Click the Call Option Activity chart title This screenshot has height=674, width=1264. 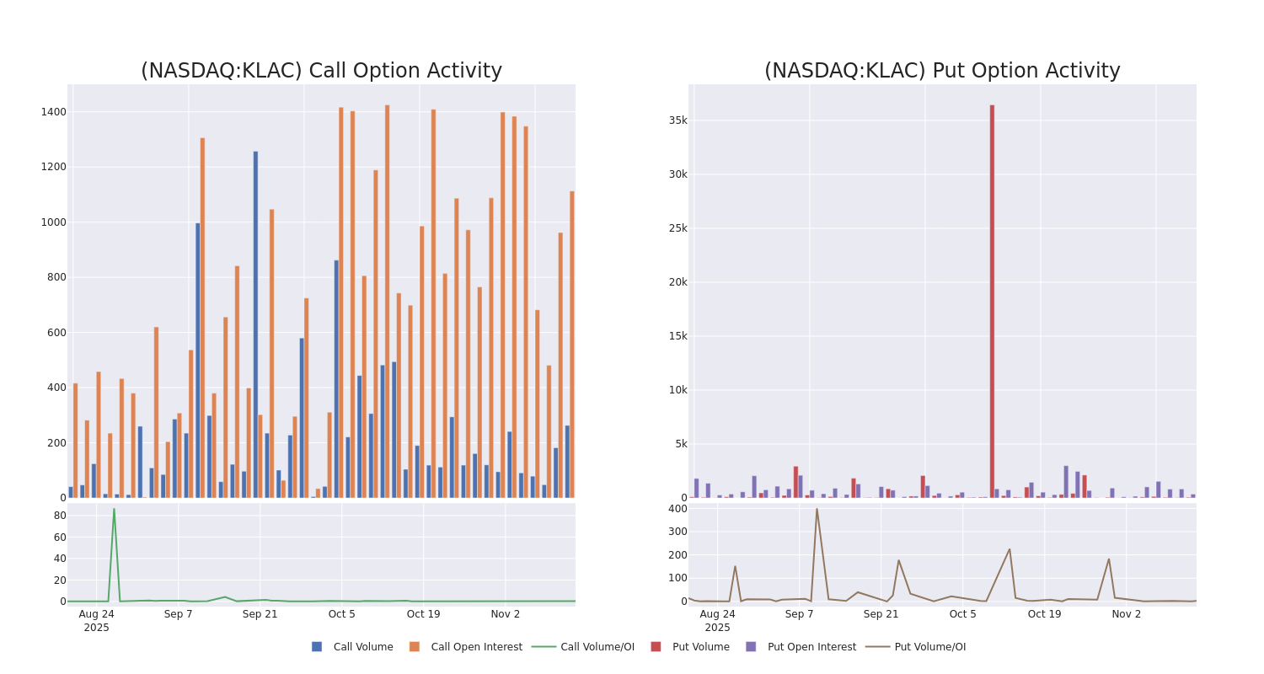click(321, 71)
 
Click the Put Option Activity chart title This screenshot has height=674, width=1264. click(942, 71)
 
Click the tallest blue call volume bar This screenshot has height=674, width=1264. click(255, 324)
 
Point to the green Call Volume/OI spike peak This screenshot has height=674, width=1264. click(114, 510)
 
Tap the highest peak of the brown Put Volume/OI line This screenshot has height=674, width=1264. click(816, 509)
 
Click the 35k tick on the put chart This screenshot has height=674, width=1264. click(678, 120)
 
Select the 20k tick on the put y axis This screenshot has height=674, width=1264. click(678, 282)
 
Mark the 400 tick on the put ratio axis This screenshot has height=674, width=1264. click(678, 509)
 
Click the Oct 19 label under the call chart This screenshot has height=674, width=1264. click(423, 614)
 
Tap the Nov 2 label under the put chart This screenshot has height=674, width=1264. click(1126, 614)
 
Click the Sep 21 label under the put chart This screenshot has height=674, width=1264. click(881, 614)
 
